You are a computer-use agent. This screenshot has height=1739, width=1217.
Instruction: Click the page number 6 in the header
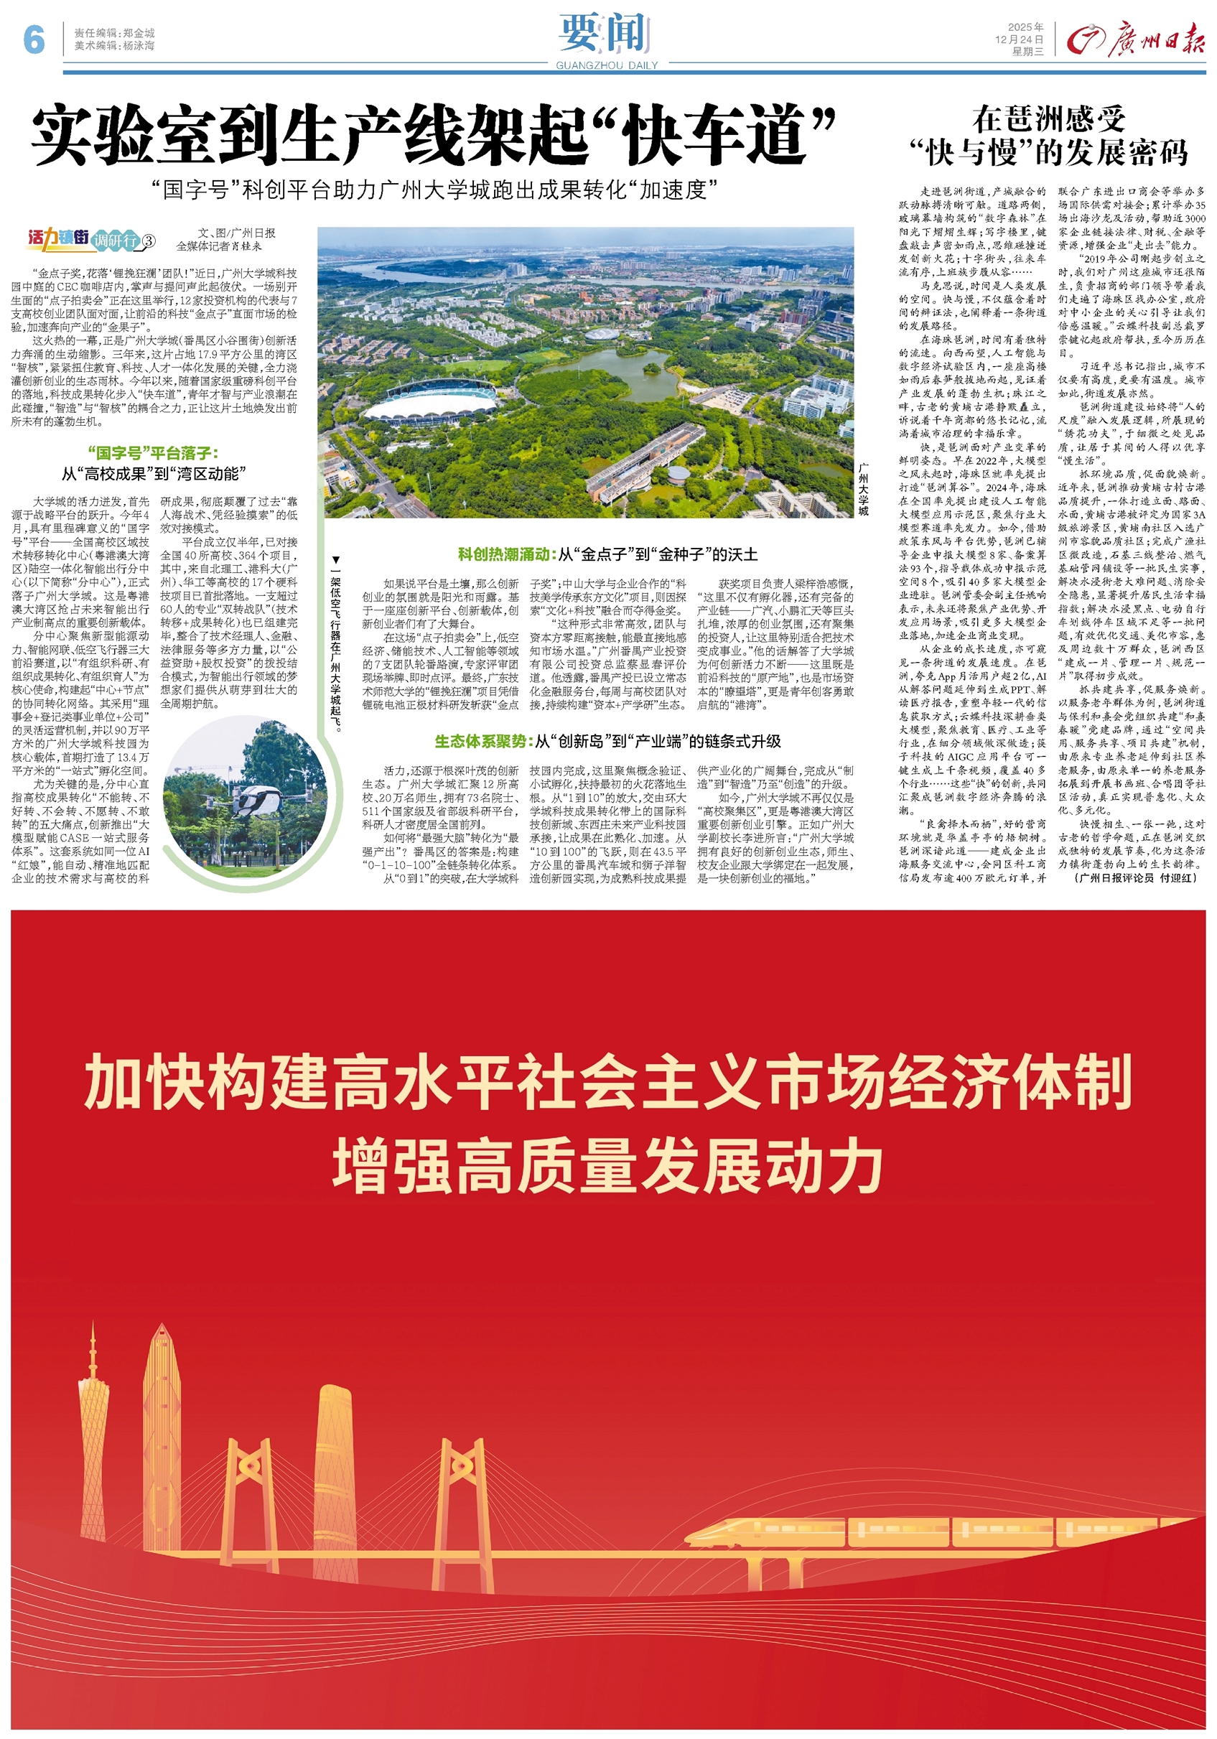(x=34, y=39)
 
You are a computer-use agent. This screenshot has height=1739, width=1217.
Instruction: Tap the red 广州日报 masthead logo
(x=1135, y=39)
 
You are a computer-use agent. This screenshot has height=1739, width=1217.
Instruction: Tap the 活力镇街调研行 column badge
(x=91, y=239)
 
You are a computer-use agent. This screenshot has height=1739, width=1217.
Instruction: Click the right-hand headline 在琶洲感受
(x=1049, y=120)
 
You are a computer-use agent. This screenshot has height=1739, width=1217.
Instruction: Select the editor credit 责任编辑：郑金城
(x=114, y=33)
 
